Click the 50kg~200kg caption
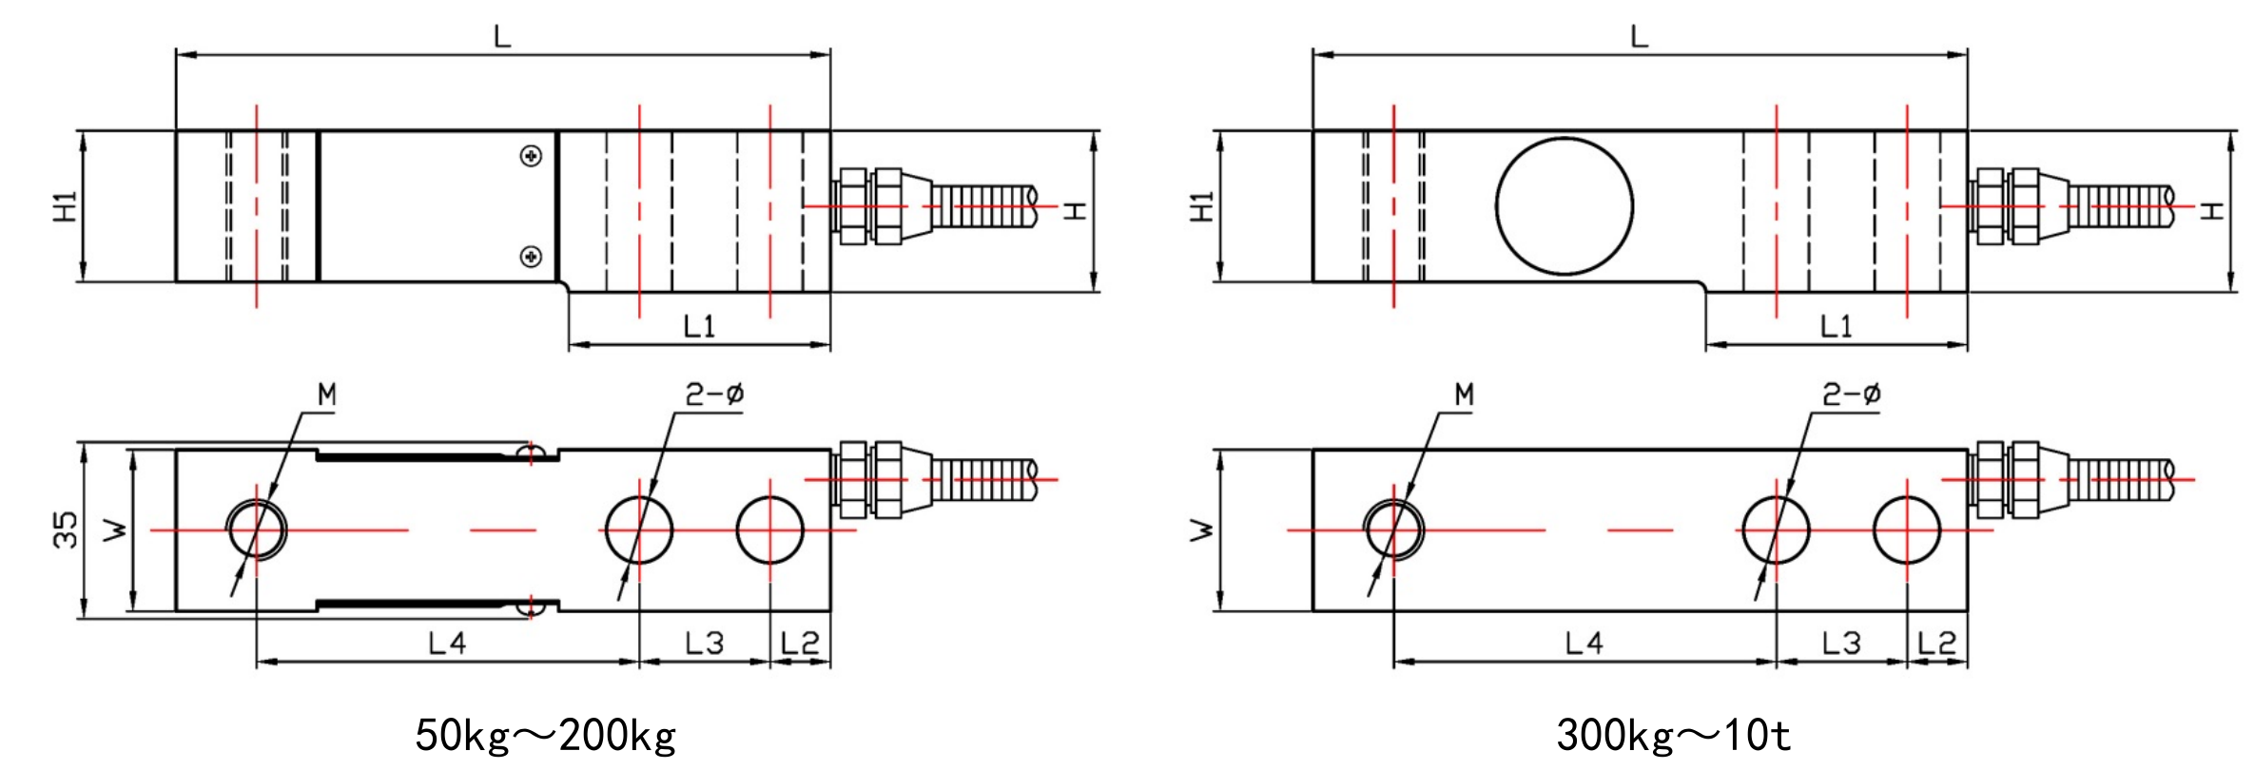pos(545,735)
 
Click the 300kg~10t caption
pos(1673,735)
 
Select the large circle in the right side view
pos(1565,205)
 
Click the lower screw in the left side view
pos(532,256)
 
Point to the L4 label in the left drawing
pos(447,645)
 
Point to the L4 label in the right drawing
pos(1584,645)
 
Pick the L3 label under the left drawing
pos(704,645)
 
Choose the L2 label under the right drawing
pos(1936,645)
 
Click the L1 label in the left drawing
pos(699,327)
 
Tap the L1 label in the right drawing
pos(1836,327)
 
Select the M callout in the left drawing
pos(326,395)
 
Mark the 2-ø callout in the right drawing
pos(1851,395)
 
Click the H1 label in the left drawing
pos(65,206)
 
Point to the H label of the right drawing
pos(2212,209)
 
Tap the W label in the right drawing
pos(1202,529)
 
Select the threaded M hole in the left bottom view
pos(257,529)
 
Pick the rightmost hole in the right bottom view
pos(1907,529)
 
